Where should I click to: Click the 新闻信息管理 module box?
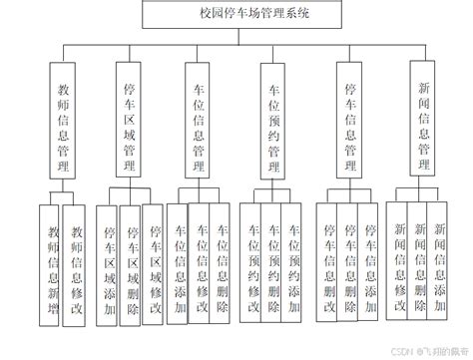(423, 115)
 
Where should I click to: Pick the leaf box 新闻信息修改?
(400, 261)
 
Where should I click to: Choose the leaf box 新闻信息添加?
(440, 261)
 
